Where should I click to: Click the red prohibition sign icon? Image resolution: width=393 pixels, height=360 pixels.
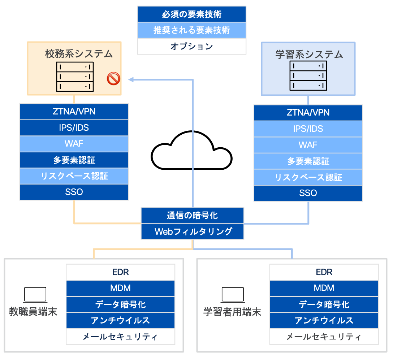[x=113, y=78]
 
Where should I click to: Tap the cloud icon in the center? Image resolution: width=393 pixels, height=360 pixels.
[x=191, y=152]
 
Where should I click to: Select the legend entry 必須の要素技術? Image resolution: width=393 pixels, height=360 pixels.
[x=191, y=14]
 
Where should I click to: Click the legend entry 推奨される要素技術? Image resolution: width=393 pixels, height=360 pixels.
[x=191, y=30]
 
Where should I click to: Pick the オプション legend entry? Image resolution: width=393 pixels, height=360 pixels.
[x=191, y=46]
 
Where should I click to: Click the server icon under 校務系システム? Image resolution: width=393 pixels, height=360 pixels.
[x=75, y=76]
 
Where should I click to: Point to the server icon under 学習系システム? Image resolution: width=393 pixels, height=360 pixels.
[x=308, y=75]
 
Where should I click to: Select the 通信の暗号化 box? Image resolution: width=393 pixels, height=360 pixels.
[x=192, y=215]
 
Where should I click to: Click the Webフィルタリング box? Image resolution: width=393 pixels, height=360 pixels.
[x=192, y=231]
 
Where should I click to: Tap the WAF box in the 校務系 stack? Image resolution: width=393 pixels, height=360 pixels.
[x=74, y=143]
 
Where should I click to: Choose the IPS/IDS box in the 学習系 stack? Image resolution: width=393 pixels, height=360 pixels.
[x=308, y=129]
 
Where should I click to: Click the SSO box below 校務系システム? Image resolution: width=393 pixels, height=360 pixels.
[x=74, y=192]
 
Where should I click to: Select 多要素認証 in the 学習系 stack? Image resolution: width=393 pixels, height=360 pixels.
[x=308, y=161]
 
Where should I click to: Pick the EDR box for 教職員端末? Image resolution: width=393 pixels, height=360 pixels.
[x=120, y=272]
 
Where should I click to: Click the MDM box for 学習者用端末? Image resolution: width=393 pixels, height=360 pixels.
[x=324, y=288]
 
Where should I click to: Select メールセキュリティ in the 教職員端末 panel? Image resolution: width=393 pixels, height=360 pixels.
[x=120, y=337]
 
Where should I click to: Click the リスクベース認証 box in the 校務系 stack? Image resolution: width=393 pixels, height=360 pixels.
[x=74, y=176]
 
